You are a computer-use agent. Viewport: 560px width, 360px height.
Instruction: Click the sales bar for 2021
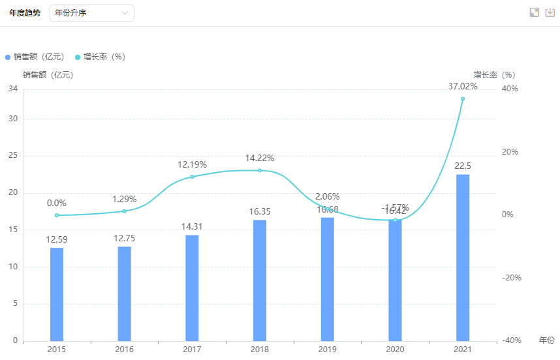(x=463, y=257)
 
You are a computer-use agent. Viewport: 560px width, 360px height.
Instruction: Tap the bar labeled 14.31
(x=192, y=288)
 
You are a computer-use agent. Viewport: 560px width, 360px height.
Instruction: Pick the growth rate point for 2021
(x=463, y=98)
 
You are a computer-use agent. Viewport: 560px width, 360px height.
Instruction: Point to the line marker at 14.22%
(x=260, y=171)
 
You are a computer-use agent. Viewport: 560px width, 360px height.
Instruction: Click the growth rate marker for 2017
(x=192, y=177)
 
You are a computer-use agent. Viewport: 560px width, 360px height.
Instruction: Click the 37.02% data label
(x=463, y=86)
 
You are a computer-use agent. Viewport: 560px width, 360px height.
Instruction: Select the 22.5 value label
(x=463, y=166)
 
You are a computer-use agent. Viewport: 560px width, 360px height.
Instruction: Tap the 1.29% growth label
(x=124, y=198)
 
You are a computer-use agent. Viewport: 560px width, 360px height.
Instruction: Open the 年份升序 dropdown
(x=92, y=13)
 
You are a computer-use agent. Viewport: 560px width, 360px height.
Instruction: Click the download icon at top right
(x=550, y=12)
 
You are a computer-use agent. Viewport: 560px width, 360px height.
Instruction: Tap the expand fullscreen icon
(x=534, y=12)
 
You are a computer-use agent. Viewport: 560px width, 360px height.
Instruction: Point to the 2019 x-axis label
(x=327, y=350)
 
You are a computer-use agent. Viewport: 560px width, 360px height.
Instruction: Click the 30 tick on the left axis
(x=12, y=119)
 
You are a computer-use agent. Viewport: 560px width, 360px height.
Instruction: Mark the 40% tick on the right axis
(x=509, y=89)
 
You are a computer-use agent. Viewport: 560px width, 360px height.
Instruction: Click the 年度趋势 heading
(x=25, y=13)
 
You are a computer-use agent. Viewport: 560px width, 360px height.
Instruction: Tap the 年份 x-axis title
(x=546, y=340)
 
